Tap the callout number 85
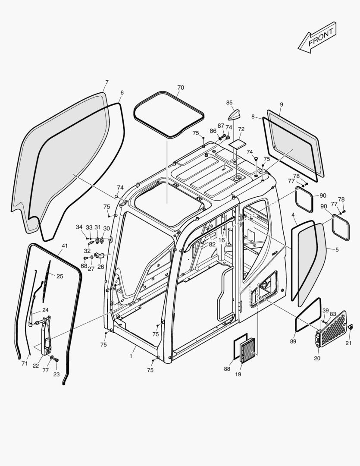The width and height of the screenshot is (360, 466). tap(229, 103)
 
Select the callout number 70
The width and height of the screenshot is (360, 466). tap(180, 88)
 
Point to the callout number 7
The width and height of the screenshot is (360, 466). tap(106, 82)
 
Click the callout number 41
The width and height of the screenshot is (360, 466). tap(65, 246)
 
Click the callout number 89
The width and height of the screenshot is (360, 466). tap(293, 342)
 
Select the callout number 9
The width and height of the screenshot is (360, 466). tap(282, 104)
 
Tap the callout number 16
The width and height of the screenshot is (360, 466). tap(221, 240)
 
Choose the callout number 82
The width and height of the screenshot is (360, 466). tap(212, 244)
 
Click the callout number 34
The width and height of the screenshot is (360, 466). tap(79, 227)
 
